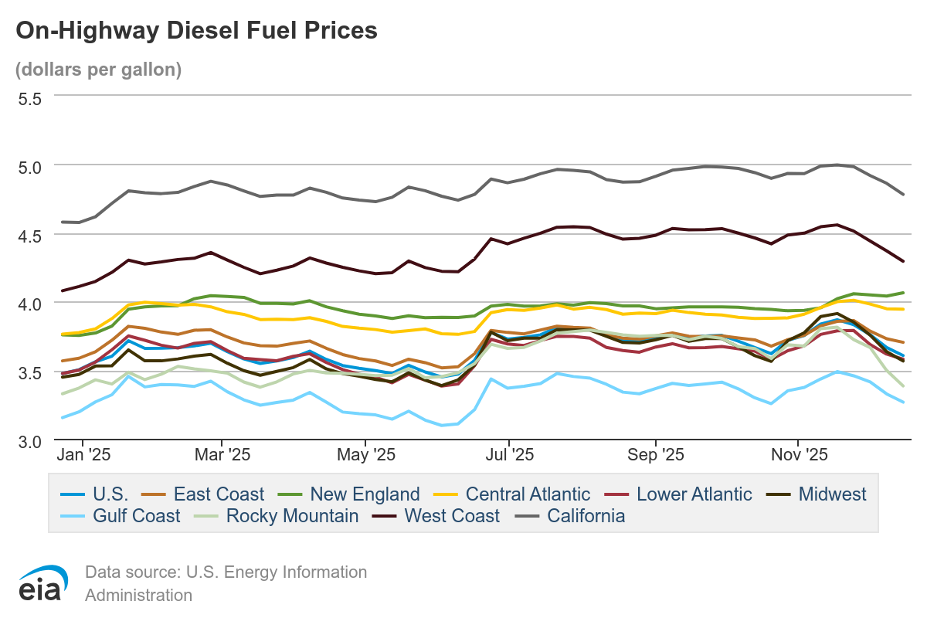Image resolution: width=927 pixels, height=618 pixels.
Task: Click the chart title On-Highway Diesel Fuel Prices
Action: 196,31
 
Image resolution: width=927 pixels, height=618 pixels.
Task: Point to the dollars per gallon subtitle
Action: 99,70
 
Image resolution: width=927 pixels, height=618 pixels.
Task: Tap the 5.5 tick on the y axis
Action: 30,99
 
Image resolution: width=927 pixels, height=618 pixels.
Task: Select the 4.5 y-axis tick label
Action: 30,236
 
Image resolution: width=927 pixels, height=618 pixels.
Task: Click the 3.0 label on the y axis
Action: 30,442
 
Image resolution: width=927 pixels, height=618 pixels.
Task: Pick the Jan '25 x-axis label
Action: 83,454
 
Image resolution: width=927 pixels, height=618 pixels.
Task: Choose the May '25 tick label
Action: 366,454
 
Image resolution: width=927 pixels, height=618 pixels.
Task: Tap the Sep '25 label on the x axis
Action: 656,454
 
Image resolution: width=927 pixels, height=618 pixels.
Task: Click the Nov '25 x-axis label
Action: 799,454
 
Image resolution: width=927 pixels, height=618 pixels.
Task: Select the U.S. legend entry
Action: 94,494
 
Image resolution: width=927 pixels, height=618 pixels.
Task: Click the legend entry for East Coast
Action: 202,494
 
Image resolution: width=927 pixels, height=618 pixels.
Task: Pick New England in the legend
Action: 349,494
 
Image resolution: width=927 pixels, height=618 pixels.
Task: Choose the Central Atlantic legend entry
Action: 512,494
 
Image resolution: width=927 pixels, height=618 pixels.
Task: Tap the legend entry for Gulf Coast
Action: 120,516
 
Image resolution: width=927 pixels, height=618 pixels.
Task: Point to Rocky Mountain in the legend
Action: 277,516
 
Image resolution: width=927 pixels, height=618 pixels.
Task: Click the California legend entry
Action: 570,516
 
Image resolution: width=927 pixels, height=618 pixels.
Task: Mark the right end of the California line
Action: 903,194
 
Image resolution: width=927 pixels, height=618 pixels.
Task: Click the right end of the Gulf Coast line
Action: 903,402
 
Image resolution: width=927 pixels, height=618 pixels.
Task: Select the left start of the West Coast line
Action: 62,290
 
